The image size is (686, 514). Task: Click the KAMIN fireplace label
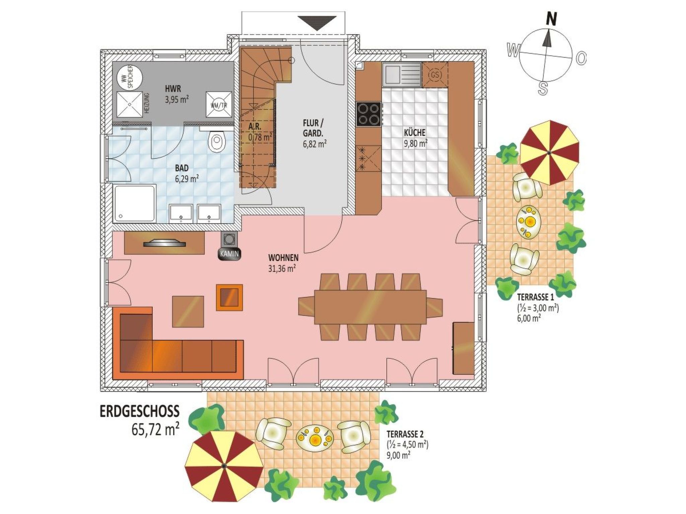[x=229, y=254]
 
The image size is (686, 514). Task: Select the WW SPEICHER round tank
[x=129, y=78]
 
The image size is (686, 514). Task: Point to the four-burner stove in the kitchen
[x=369, y=114]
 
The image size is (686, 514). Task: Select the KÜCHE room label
[x=414, y=133]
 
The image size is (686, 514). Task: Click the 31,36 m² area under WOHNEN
[x=281, y=268]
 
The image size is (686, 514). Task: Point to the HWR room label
[x=173, y=89]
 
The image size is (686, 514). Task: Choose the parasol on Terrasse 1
[x=549, y=153]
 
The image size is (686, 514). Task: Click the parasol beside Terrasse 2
[x=224, y=466]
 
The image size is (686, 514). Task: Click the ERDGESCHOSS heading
[x=140, y=412]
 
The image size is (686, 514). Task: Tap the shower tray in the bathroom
[x=135, y=203]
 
